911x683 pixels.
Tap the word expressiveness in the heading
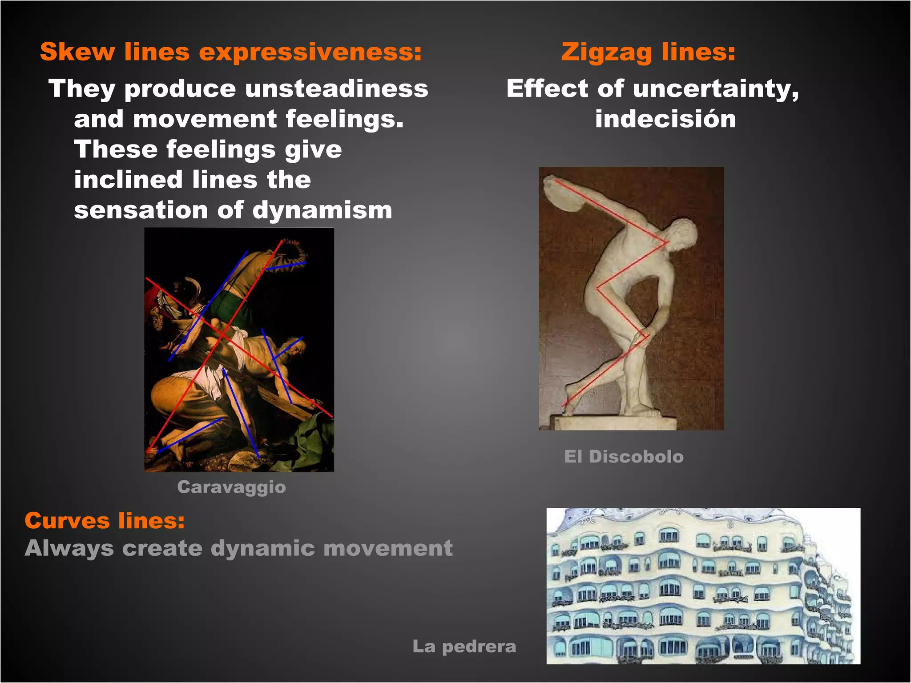tap(310, 52)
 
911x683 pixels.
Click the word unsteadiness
tap(336, 88)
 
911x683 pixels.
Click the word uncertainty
tap(715, 88)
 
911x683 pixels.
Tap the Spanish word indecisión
tap(665, 119)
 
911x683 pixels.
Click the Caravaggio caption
tap(231, 487)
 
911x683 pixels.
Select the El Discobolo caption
tap(624, 457)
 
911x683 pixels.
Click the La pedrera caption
tap(464, 647)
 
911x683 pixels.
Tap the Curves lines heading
tap(105, 521)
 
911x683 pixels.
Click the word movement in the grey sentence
tap(387, 548)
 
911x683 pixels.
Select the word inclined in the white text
tap(128, 180)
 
